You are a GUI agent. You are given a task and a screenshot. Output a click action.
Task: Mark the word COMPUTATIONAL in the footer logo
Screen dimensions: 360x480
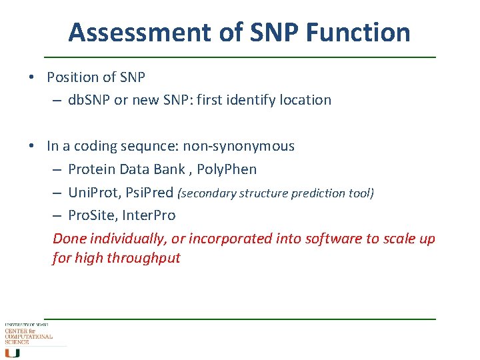[x=29, y=337]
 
